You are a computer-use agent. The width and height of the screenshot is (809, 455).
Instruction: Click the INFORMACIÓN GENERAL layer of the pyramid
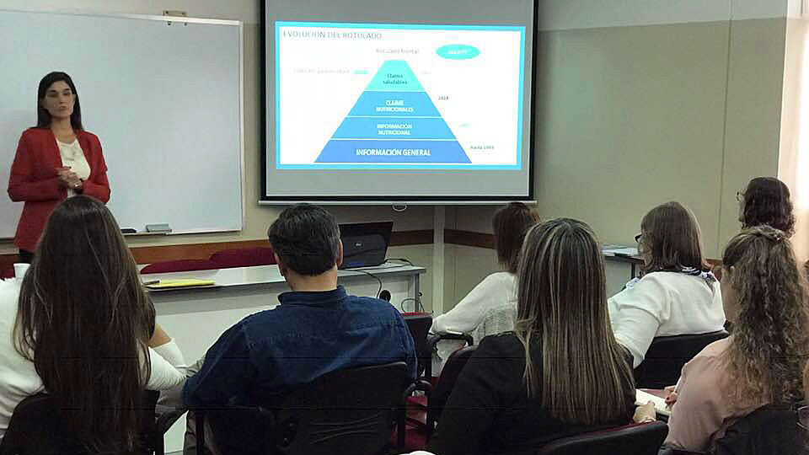tap(393, 152)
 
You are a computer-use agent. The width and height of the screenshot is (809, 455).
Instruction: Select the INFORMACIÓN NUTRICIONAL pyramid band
tap(393, 129)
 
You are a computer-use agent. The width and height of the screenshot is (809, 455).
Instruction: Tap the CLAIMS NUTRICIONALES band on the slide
tap(394, 104)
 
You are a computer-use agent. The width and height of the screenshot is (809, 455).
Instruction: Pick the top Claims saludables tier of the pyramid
tap(394, 78)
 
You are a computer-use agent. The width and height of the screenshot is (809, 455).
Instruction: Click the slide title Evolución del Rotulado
tap(332, 35)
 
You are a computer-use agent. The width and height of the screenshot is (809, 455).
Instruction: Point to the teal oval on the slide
tap(458, 51)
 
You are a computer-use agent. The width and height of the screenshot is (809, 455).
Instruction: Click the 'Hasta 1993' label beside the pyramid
tap(482, 147)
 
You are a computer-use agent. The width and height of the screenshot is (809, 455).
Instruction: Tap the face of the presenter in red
tap(59, 100)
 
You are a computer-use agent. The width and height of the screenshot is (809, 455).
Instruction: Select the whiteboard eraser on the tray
tap(158, 227)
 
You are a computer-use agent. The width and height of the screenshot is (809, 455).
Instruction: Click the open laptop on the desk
tap(365, 244)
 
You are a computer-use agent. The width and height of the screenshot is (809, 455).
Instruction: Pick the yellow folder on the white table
tap(179, 283)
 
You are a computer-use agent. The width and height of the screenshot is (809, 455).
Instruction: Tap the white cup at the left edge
tap(21, 270)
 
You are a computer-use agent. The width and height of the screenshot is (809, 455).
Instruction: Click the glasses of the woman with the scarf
tap(639, 239)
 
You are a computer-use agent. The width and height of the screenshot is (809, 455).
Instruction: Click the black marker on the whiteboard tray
tap(128, 230)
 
